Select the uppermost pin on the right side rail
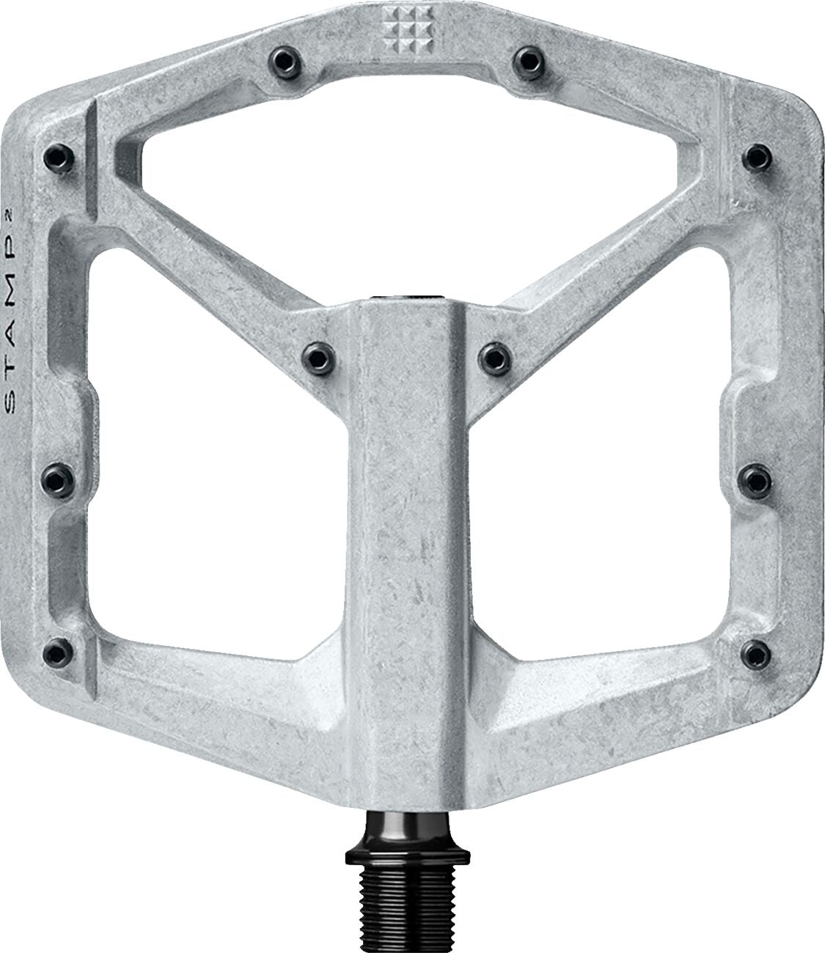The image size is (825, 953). click(x=756, y=155)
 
